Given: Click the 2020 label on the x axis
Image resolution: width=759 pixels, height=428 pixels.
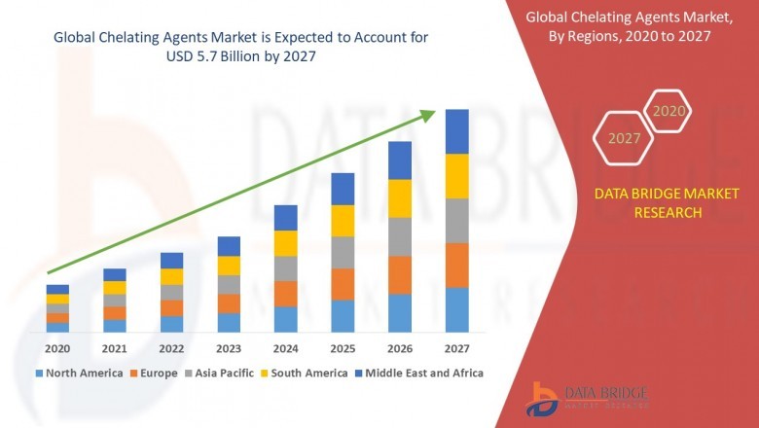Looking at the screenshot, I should [x=57, y=348].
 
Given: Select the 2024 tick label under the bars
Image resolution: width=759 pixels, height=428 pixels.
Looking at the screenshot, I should [x=285, y=348].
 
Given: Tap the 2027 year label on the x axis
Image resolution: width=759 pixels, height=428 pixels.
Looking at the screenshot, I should [x=456, y=348].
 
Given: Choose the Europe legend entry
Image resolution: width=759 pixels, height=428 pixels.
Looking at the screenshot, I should [x=156, y=373].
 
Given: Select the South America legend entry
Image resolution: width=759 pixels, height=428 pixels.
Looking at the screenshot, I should [x=307, y=373].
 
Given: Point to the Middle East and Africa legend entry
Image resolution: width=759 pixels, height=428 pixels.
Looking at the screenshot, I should [x=423, y=373].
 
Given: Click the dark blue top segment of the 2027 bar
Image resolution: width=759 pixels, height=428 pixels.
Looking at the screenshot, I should [x=456, y=131].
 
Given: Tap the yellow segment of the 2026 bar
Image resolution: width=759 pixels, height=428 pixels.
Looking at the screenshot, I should [x=399, y=198].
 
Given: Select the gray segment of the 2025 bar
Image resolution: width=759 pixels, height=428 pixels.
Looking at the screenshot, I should [x=343, y=252].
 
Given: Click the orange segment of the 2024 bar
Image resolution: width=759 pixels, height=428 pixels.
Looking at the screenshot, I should [x=285, y=294].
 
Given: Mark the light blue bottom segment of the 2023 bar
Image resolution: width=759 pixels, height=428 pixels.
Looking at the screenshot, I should [x=229, y=323].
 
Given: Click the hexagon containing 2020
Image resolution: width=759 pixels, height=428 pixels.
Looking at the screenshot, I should [x=668, y=112].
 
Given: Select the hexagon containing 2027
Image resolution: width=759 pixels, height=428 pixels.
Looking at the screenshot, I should [x=624, y=138].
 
